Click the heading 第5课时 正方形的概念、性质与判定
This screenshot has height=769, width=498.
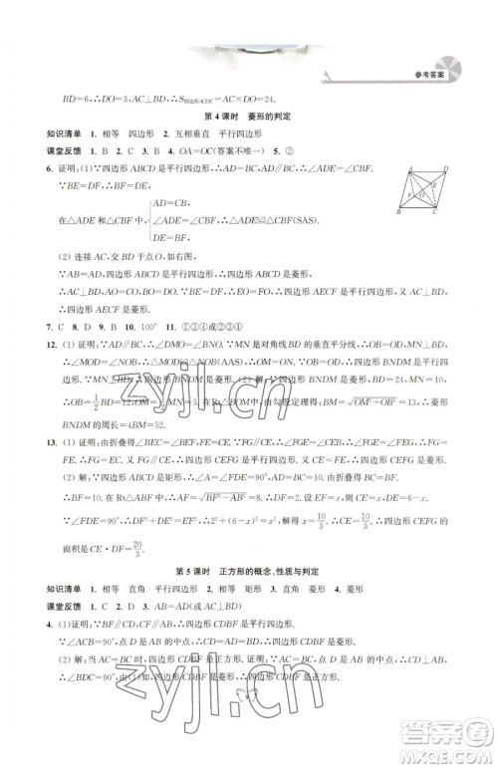click(249, 560)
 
